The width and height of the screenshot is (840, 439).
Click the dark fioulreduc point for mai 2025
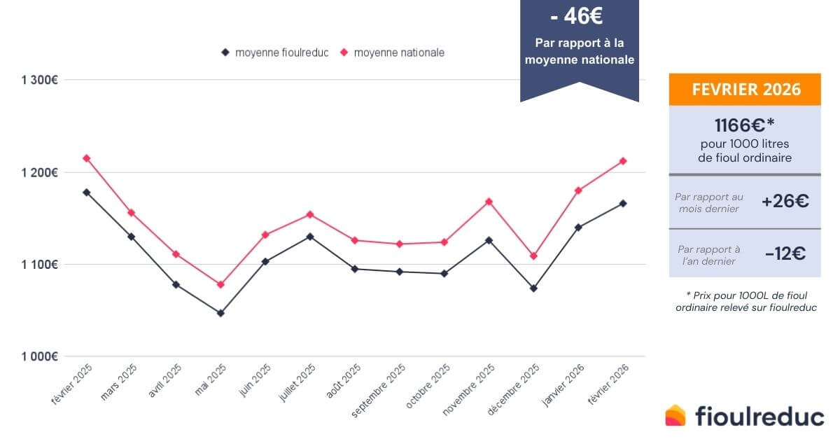click(220, 313)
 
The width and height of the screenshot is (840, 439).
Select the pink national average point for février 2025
click(87, 158)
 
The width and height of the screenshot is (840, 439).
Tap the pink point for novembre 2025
click(489, 202)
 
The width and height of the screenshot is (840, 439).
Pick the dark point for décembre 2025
click(533, 288)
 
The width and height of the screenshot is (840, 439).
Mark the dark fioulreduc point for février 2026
click(623, 203)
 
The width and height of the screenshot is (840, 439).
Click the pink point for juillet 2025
click(310, 214)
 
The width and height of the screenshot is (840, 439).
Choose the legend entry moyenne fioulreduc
click(274, 53)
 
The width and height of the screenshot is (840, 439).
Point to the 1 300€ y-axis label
click(39, 80)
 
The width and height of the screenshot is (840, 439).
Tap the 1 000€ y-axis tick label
click(39, 356)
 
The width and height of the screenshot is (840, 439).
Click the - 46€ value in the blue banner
click(579, 15)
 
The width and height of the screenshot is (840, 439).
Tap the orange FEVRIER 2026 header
click(745, 90)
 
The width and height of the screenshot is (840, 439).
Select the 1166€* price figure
click(745, 125)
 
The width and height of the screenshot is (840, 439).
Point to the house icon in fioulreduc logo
click(676, 415)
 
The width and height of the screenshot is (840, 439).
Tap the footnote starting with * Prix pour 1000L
click(745, 301)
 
